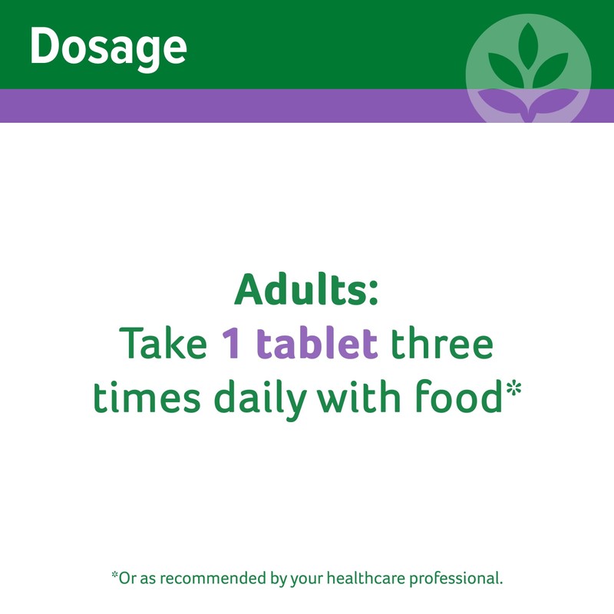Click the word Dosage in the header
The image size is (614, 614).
point(108,48)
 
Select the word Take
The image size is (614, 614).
point(163,342)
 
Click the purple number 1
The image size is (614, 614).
point(230,343)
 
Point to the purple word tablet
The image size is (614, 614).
point(317,342)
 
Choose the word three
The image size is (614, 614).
point(442,342)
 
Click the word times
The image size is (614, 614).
point(147,396)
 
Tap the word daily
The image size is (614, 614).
point(260,399)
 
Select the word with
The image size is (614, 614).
point(358,395)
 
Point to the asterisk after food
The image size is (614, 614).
point(513,389)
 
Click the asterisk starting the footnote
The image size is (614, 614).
point(114,575)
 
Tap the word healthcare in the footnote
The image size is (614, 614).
point(366,578)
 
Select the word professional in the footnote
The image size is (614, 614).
point(455,579)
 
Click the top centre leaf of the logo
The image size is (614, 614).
point(528,46)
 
